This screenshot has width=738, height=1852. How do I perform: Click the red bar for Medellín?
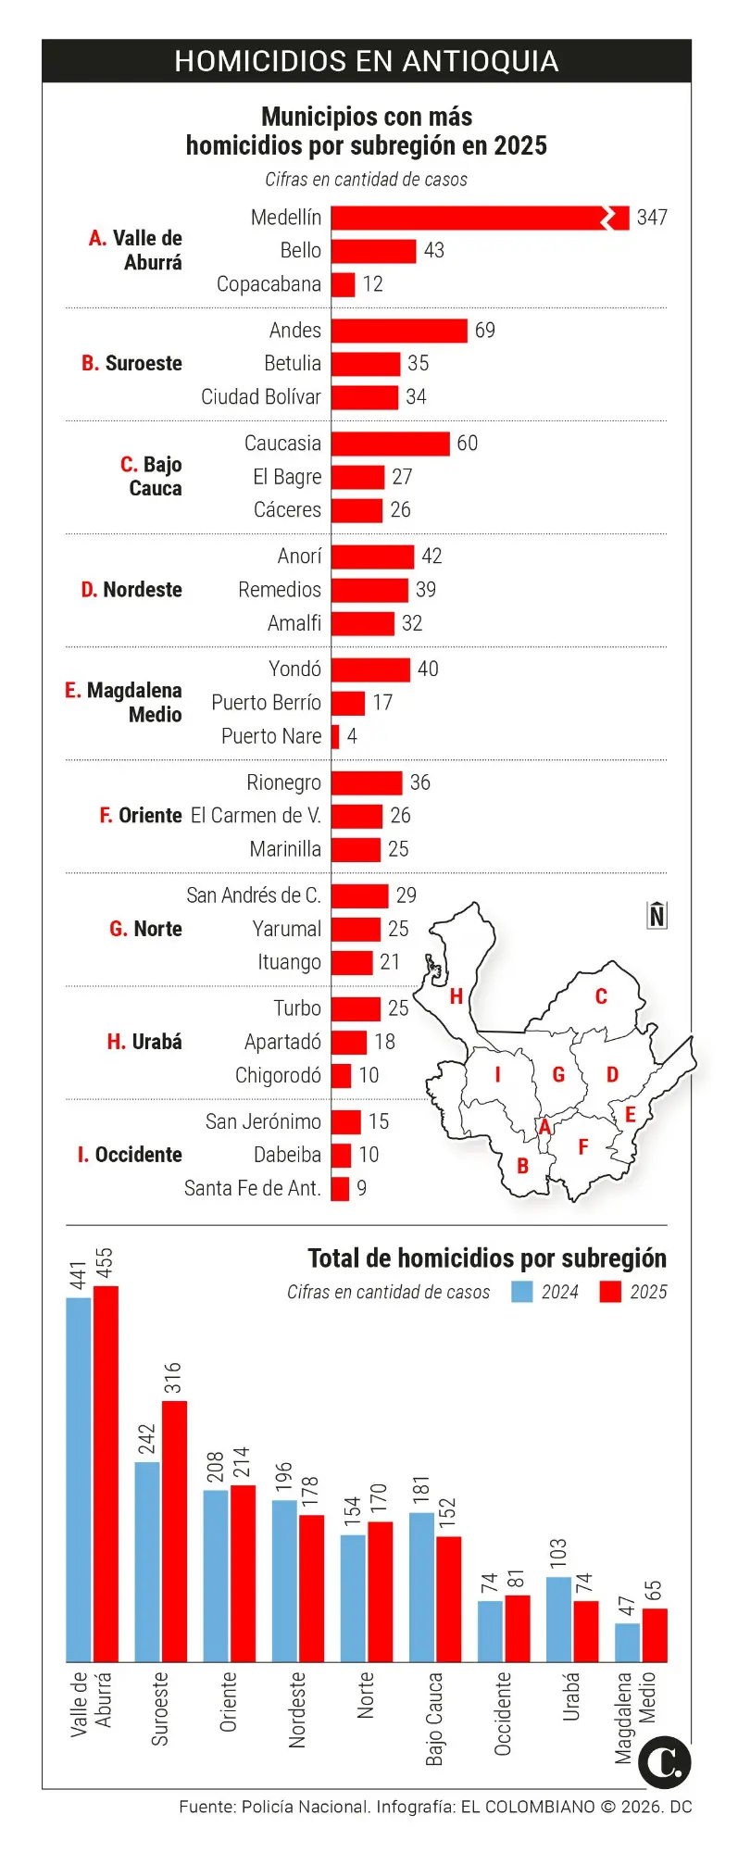(468, 218)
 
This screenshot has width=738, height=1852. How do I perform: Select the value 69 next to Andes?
(485, 331)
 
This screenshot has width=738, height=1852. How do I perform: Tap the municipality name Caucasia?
(282, 444)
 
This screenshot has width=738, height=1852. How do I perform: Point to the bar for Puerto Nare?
(335, 736)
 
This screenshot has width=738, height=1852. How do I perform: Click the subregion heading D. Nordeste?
(131, 590)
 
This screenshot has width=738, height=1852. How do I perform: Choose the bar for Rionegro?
(367, 782)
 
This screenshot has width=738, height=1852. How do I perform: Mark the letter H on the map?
(456, 996)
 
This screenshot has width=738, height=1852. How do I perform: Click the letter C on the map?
(601, 996)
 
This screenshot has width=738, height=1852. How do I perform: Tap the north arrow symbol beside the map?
(657, 915)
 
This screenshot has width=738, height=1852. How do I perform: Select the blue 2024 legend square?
(522, 1292)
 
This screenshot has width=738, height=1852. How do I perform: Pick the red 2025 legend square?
(610, 1292)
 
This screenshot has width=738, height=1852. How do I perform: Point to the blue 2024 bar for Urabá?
(558, 1620)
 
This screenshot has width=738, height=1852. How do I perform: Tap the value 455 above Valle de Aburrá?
(105, 1264)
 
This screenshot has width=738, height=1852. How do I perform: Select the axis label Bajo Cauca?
(434, 1719)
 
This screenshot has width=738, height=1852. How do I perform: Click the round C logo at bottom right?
(666, 1762)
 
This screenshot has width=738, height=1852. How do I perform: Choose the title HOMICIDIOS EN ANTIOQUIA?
(367, 61)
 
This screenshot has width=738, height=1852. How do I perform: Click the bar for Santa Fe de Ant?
(340, 1188)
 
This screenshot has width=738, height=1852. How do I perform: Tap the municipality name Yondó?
(294, 669)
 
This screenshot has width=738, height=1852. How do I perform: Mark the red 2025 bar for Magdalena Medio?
(655, 1635)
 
